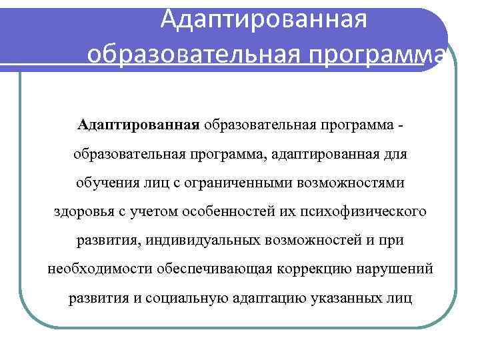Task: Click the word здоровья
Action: click(x=82, y=211)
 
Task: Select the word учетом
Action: click(x=151, y=211)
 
